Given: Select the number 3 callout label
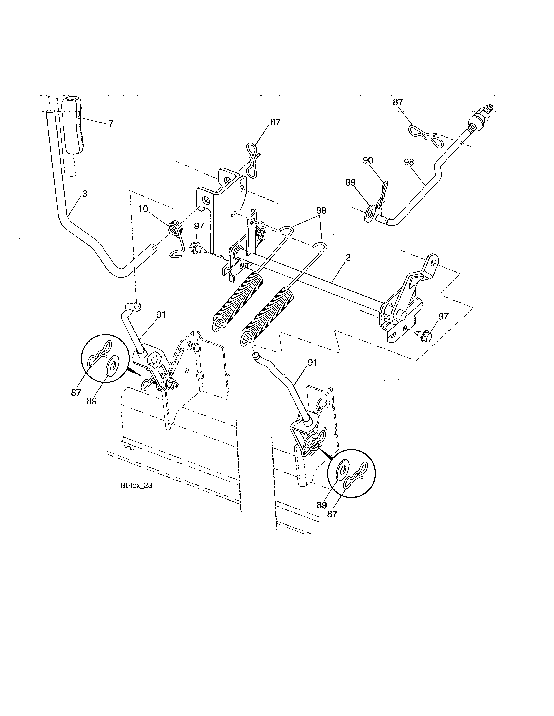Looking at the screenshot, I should [x=85, y=194].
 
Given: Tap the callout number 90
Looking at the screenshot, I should [x=368, y=160].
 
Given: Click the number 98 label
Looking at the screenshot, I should [x=409, y=162].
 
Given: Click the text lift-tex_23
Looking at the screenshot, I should [x=136, y=486].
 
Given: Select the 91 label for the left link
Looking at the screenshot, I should [x=161, y=315].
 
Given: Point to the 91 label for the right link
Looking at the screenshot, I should [x=312, y=363].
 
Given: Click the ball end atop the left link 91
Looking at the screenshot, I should [x=137, y=306].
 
